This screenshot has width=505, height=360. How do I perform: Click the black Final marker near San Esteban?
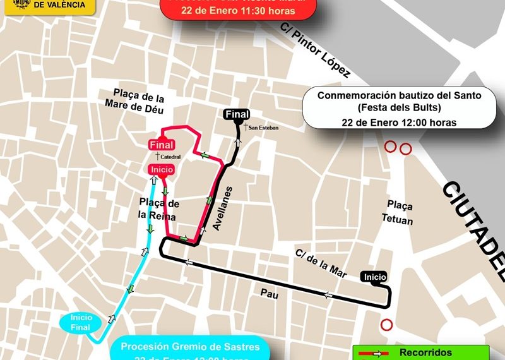coord(237,114)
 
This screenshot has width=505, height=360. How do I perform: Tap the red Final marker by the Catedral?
coord(162,145)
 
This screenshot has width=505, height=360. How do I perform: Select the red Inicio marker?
coord(162,169)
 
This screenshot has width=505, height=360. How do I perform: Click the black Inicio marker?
coord(374,277)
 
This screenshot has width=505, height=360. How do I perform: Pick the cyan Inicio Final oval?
coord(81,321)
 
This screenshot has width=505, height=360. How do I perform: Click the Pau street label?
coord(270,294)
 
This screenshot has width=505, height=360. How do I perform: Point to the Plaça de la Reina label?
coord(158,210)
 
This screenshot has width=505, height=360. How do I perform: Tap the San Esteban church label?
coord(262,128)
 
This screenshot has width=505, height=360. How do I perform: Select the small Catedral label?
coord(169,157)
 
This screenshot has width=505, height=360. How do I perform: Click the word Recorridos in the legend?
coord(425,352)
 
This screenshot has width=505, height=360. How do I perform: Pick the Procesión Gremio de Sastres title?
coord(190,346)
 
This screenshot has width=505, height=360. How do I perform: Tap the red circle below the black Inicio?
coord(386,325)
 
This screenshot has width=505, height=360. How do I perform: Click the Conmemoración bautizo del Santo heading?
coord(399,96)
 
